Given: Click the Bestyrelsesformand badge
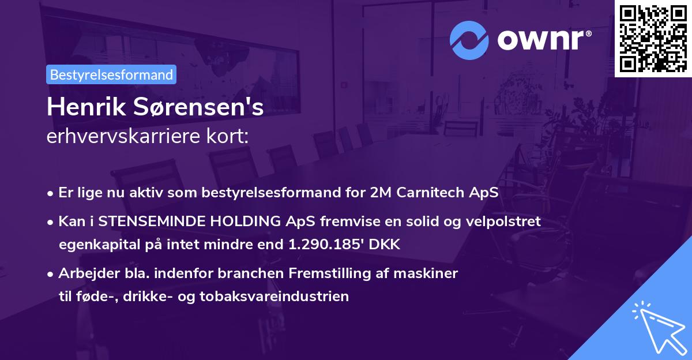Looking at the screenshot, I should [111, 74].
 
